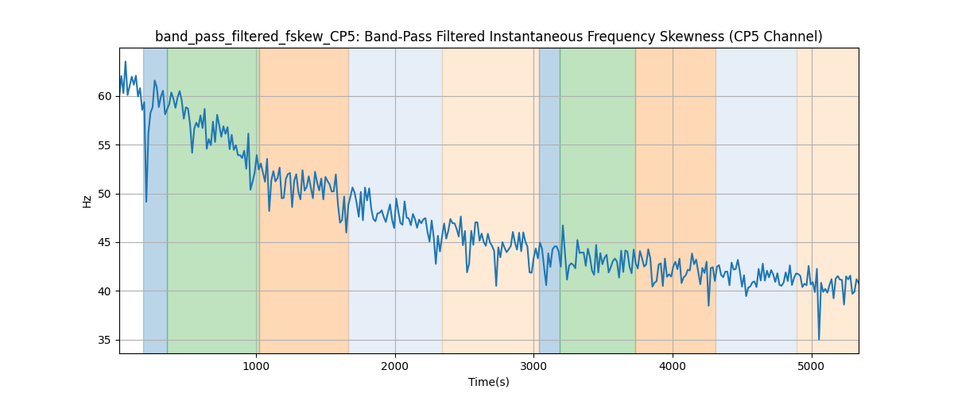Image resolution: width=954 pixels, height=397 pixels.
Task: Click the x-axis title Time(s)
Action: pos(489,382)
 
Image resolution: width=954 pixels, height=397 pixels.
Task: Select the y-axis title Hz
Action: pos(87,201)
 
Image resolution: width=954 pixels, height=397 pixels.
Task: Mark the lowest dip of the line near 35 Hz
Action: pos(819,339)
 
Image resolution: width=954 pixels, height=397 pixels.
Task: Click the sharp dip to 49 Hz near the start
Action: pos(146,202)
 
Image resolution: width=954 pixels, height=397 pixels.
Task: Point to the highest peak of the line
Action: pos(125,62)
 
